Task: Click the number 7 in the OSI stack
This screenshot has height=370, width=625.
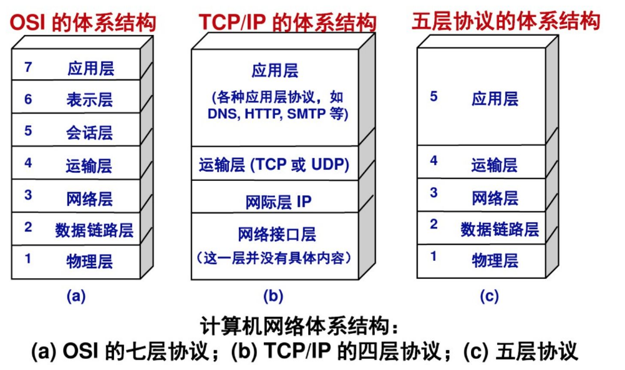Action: click(x=28, y=67)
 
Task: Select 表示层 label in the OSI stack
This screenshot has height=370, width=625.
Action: click(x=90, y=100)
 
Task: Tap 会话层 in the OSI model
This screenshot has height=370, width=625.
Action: click(x=90, y=133)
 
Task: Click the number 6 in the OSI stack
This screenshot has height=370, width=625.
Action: click(x=28, y=99)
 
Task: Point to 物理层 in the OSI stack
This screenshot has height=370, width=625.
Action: click(x=90, y=261)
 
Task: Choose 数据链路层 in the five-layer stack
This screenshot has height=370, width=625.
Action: click(x=500, y=229)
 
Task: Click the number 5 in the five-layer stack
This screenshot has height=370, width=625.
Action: click(x=434, y=96)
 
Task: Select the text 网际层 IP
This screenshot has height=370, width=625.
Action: click(x=278, y=202)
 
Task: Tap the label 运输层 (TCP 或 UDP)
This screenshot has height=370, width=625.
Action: click(x=274, y=164)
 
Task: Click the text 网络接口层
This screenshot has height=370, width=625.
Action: click(x=277, y=234)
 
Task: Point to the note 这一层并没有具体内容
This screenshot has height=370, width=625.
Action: click(x=274, y=258)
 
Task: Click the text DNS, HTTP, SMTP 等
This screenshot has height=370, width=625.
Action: click(x=278, y=114)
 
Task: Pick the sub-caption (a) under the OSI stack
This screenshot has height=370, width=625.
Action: click(x=76, y=296)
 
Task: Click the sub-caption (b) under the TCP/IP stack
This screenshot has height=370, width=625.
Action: click(x=273, y=296)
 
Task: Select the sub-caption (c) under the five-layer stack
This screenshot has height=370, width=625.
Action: click(x=490, y=296)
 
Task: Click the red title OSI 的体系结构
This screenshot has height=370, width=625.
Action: click(x=83, y=22)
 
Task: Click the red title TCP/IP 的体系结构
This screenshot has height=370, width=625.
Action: click(x=288, y=22)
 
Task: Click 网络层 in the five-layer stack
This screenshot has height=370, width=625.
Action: click(x=495, y=198)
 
